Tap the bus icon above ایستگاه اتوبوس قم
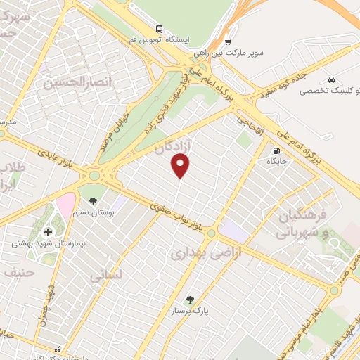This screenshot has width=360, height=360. pos(160,30)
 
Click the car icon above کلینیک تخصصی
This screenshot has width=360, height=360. pos(331,80)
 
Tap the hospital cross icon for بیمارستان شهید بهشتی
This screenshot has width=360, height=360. pos(48,232)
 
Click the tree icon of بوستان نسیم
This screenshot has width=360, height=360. pos(94,201)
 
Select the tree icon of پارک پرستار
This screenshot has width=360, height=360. pos(189,299)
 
